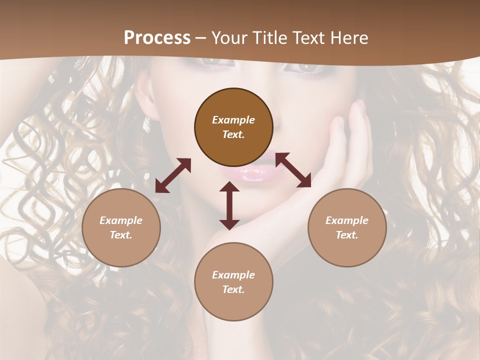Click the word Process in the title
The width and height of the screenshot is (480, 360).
click(157, 38)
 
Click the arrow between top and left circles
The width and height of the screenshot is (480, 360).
click(173, 175)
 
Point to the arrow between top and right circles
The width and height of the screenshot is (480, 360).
click(293, 170)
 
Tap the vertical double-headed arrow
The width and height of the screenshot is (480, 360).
click(229, 205)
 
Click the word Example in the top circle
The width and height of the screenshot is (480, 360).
click(233, 120)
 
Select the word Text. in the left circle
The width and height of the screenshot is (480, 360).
click(121, 235)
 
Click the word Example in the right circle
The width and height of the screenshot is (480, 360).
click(347, 220)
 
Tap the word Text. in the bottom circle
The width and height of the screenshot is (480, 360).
click(233, 289)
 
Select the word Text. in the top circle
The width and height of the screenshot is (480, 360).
click(233, 134)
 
